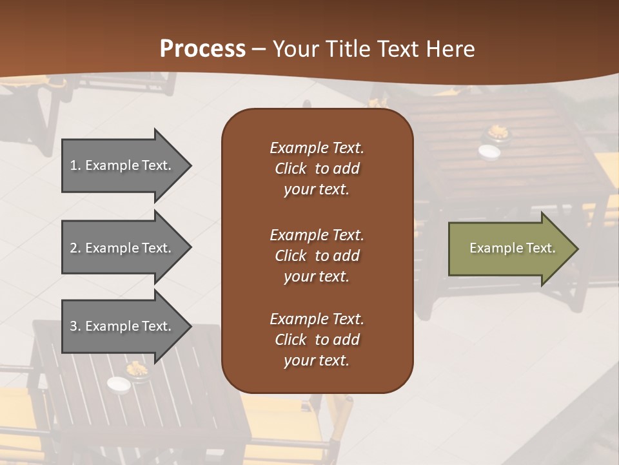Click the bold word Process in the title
[202, 49]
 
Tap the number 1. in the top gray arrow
[75, 165]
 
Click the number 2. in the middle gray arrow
[75, 248]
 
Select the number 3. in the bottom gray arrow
[75, 326]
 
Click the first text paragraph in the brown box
[317, 169]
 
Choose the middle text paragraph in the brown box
[317, 256]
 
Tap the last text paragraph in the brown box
[317, 340]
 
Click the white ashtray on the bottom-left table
[119, 385]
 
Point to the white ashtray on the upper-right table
[489, 151]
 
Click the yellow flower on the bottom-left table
[137, 369]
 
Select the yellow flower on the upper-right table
[498, 132]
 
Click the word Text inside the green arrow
[541, 248]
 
